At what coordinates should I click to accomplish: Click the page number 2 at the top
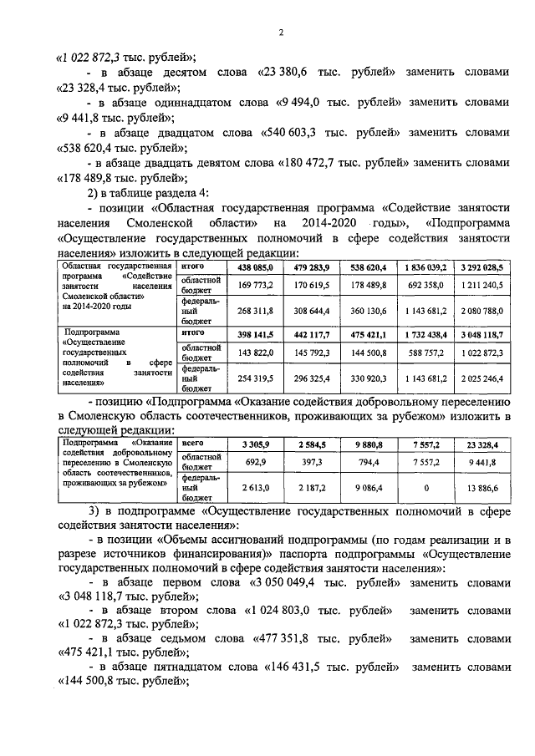281,33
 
